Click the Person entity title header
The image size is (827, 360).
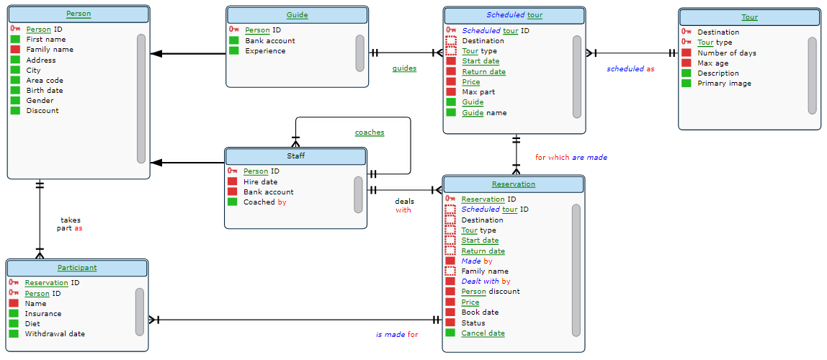[78, 14]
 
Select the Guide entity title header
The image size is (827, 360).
[297, 15]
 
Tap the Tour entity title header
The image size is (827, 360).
[749, 17]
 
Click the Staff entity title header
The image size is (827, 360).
[295, 156]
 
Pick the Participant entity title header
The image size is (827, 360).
[77, 268]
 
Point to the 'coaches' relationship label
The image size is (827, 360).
[369, 132]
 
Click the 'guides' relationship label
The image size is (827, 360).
[404, 68]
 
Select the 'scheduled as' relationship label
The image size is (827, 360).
[630, 69]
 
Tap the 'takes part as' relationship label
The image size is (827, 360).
[71, 224]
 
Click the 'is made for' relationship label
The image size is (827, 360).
[396, 334]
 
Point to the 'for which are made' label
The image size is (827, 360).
[571, 157]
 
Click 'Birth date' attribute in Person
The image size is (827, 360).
[45, 91]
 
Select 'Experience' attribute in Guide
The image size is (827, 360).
[265, 51]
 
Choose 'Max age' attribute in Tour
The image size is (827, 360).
[712, 63]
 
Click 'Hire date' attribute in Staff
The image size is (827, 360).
[260, 182]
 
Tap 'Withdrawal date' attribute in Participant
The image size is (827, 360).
[55, 334]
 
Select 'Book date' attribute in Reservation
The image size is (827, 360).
[480, 312]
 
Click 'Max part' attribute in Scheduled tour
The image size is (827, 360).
[478, 92]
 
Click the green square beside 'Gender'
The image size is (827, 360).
[15, 101]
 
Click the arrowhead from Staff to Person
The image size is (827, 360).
[156, 163]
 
